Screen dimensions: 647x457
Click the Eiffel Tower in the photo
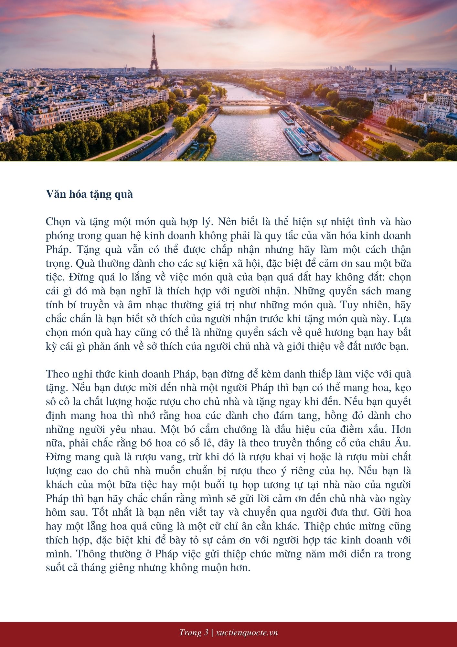[x=154, y=57]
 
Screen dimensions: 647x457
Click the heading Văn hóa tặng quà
[x=89, y=194]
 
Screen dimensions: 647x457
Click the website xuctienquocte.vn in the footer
[x=246, y=633]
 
